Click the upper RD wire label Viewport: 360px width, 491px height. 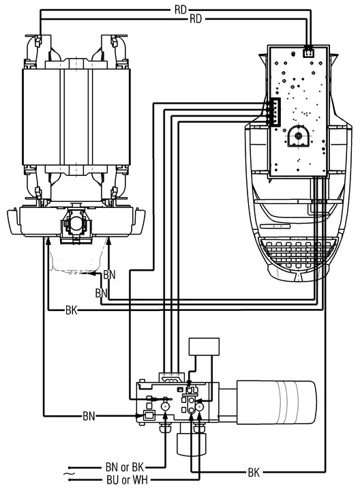(x=180, y=10)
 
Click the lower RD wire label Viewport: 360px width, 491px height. (x=196, y=19)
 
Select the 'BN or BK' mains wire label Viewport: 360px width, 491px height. (x=125, y=468)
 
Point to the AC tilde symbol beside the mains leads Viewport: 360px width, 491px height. (x=69, y=474)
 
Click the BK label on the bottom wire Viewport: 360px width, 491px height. (x=254, y=472)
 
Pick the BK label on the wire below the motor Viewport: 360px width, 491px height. (x=72, y=310)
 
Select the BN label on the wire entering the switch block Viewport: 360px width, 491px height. (x=89, y=416)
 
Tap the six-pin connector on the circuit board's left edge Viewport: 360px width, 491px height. (x=274, y=112)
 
